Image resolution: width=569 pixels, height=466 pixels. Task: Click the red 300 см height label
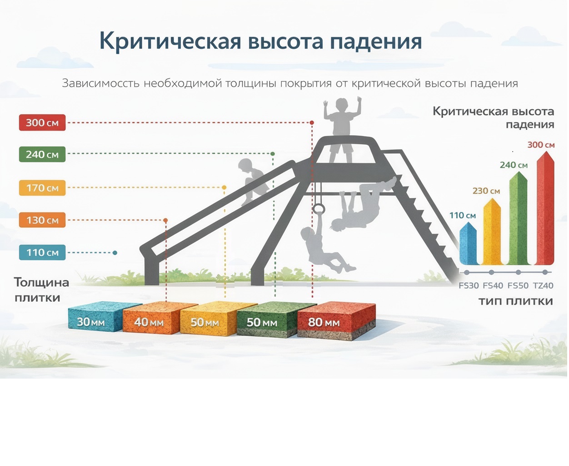42,123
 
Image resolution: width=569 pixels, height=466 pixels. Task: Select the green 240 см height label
42,155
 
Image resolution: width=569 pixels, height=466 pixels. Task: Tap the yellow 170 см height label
42,188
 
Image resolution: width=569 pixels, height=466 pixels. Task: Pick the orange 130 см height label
42,220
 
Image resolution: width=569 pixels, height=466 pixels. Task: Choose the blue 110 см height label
42,253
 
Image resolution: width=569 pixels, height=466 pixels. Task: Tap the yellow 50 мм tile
207,320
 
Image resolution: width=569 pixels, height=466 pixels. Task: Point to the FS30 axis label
469,286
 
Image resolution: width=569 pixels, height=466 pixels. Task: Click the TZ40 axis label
543,286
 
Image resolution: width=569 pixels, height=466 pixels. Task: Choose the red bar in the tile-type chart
545,209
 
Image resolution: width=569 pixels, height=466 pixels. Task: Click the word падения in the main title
376,41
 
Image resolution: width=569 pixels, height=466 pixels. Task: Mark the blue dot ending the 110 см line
115,253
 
